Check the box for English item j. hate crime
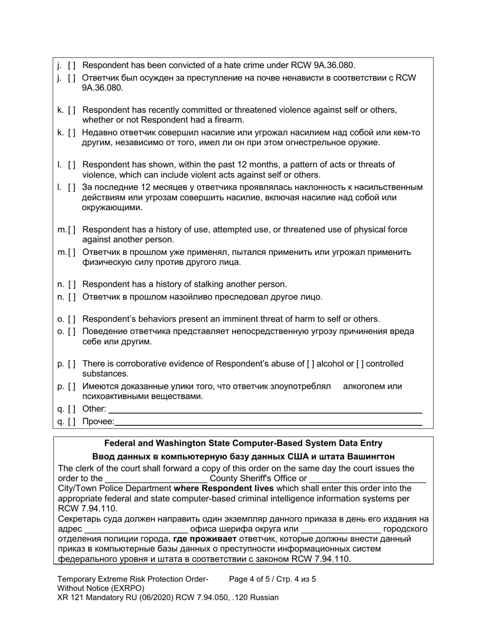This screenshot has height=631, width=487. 72,66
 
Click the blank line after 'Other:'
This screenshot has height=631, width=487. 265,409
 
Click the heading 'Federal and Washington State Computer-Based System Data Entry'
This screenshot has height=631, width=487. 243,443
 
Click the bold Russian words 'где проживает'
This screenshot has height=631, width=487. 205,539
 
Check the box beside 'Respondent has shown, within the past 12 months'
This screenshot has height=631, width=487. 72,165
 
